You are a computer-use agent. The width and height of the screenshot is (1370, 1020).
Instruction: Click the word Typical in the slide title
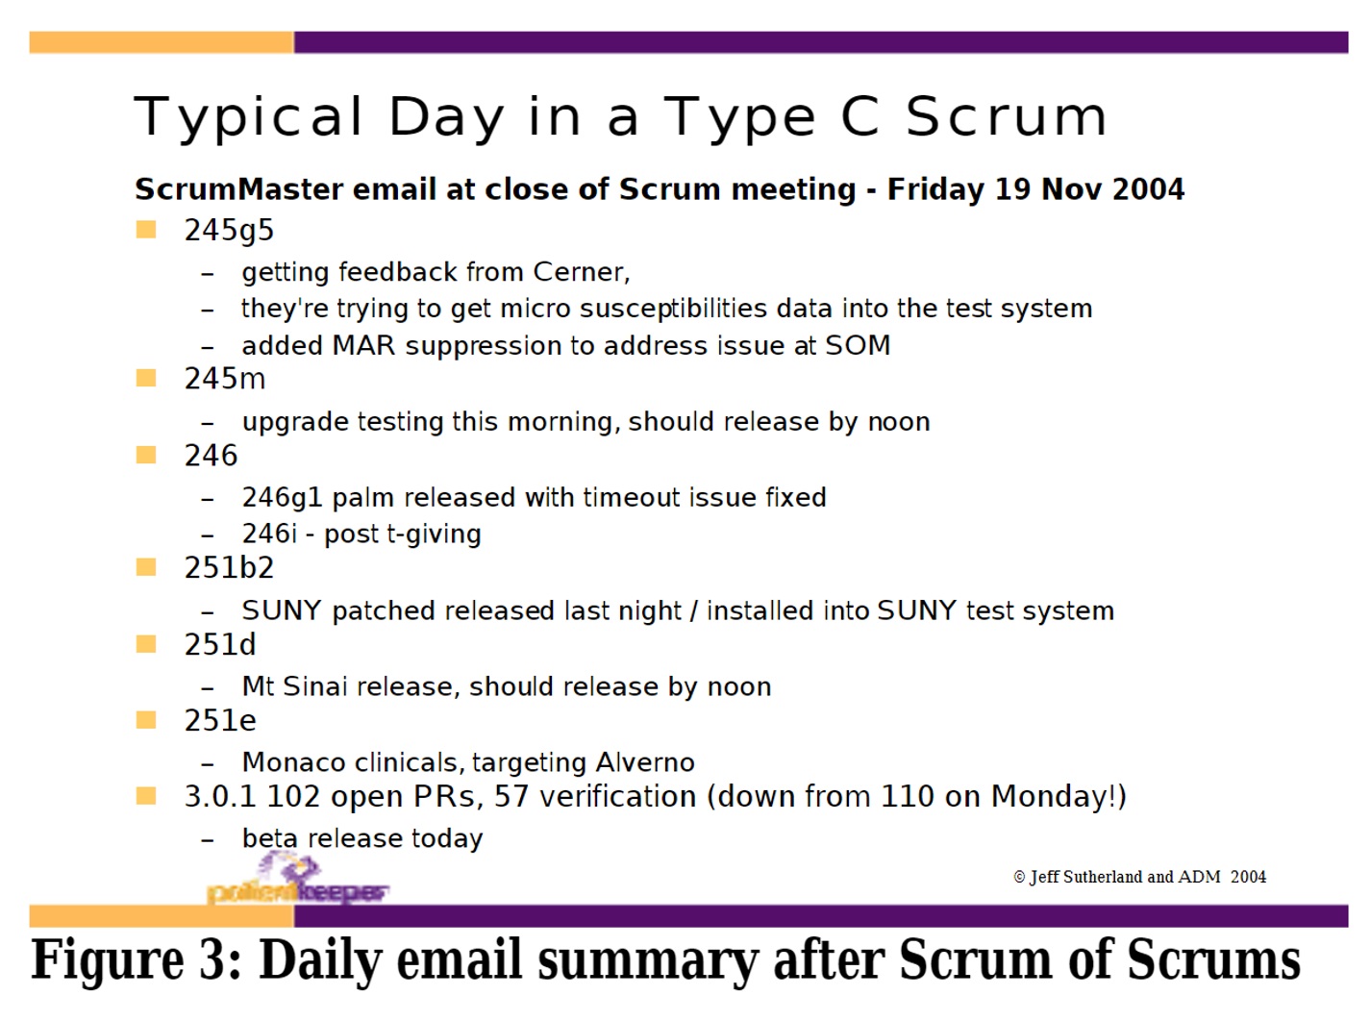(x=248, y=117)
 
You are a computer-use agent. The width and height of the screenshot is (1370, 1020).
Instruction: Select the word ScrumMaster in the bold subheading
(x=239, y=189)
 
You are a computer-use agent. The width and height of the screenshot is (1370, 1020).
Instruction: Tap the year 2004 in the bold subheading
(x=1148, y=189)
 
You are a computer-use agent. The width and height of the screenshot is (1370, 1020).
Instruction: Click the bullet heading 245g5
(x=229, y=231)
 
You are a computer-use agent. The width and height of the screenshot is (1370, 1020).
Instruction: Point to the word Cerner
(x=582, y=272)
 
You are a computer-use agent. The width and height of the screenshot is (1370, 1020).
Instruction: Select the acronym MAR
(x=363, y=345)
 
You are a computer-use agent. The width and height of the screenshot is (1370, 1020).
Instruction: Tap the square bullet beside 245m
(x=146, y=378)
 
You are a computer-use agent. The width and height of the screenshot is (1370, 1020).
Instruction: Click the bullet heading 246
(x=211, y=456)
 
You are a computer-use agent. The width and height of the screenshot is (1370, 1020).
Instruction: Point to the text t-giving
(x=434, y=535)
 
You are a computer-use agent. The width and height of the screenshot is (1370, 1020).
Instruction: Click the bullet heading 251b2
(x=229, y=568)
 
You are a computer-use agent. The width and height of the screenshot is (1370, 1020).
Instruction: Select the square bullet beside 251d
(x=146, y=644)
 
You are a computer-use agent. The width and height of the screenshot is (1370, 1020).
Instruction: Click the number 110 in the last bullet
(x=907, y=797)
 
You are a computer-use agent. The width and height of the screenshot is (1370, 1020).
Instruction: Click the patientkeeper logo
(x=298, y=879)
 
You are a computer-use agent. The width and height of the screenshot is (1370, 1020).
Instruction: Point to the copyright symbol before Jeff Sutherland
(x=1019, y=878)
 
